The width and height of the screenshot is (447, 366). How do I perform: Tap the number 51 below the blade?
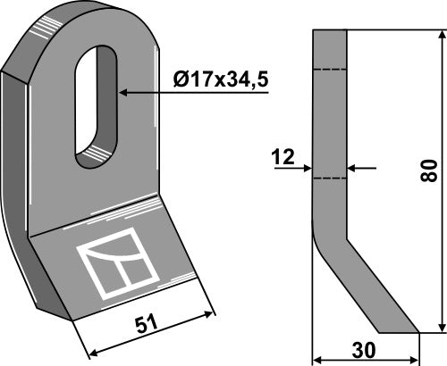146,323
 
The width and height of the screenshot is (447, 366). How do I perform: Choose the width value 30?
365,350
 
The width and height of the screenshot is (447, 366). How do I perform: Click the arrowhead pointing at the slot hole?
124,91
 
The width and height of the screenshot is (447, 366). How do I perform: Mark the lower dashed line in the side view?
329,178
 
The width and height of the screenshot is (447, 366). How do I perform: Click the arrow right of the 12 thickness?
352,167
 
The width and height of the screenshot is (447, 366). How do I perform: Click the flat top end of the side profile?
329,33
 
